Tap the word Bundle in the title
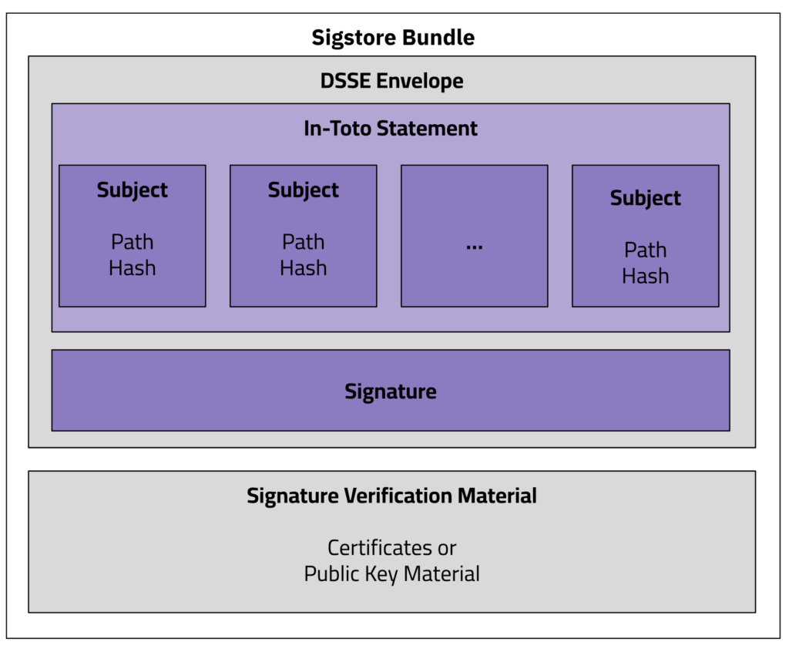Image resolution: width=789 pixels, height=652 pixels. (445, 37)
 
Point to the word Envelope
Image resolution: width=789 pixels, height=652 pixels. (421, 80)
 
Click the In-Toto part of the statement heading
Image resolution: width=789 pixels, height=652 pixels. (337, 128)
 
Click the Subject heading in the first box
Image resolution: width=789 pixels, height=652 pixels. (133, 190)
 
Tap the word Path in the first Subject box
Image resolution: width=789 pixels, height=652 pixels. (133, 242)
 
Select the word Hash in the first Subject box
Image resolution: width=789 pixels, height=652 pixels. (133, 268)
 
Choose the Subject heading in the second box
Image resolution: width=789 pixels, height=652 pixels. (304, 190)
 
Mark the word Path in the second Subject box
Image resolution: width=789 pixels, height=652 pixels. (304, 242)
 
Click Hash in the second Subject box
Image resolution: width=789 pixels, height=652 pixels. (304, 268)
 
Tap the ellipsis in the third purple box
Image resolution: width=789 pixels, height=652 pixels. (475, 245)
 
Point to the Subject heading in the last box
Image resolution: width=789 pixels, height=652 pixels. (646, 198)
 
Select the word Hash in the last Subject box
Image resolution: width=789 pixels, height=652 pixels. (646, 276)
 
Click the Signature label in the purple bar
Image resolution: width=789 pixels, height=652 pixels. (391, 392)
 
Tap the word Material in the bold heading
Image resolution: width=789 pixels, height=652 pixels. (497, 496)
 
